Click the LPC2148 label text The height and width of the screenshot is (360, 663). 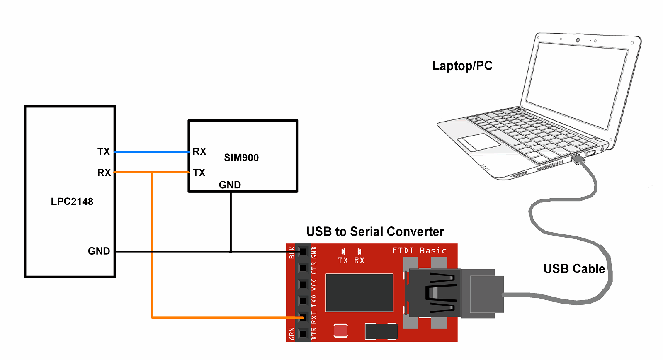(72, 202)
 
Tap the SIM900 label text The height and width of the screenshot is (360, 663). (241, 158)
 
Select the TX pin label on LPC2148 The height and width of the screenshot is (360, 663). (104, 152)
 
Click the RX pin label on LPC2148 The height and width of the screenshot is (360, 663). (104, 173)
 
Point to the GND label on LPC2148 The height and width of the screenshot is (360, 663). (99, 251)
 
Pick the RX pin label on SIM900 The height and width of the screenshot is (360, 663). (199, 152)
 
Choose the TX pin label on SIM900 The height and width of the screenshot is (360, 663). (199, 173)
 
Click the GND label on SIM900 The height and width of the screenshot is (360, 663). (230, 185)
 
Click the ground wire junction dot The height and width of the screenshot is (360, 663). (231, 251)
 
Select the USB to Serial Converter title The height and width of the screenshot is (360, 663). (375, 231)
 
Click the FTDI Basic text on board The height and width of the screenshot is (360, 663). (419, 251)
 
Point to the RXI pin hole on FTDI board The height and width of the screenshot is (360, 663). (303, 318)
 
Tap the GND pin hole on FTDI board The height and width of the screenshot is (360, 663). (303, 251)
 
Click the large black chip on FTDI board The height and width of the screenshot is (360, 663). (359, 292)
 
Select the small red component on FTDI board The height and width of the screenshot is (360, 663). (341, 331)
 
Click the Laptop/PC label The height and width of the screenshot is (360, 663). (462, 66)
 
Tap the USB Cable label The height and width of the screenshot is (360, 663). (574, 269)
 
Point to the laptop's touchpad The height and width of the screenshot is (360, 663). (479, 142)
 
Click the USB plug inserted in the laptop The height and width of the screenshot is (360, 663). (578, 159)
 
